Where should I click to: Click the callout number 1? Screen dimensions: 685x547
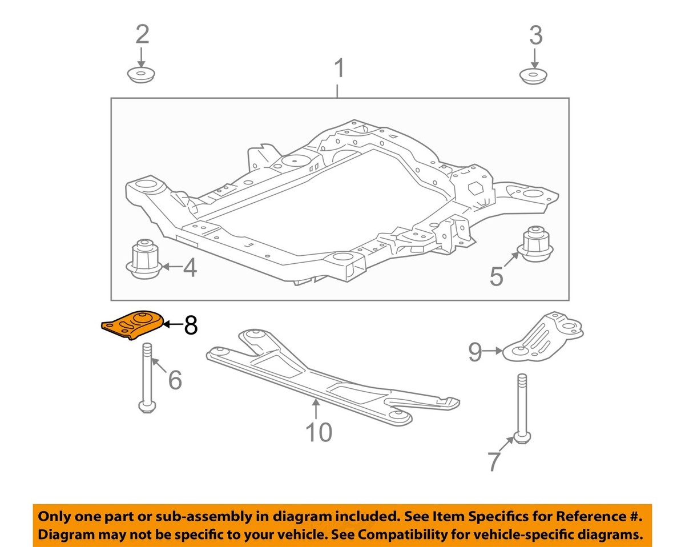pyautogui.click(x=339, y=69)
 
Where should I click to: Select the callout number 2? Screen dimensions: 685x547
pyautogui.click(x=142, y=35)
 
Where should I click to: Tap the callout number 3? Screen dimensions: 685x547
pyautogui.click(x=535, y=36)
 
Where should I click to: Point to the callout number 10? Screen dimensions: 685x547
pyautogui.click(x=319, y=432)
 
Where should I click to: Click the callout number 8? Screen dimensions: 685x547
pyautogui.click(x=190, y=325)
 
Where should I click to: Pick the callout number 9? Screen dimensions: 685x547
pyautogui.click(x=475, y=352)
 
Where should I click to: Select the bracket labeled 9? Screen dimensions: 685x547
pyautogui.click(x=542, y=340)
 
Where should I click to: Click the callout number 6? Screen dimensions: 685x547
pyautogui.click(x=174, y=379)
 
